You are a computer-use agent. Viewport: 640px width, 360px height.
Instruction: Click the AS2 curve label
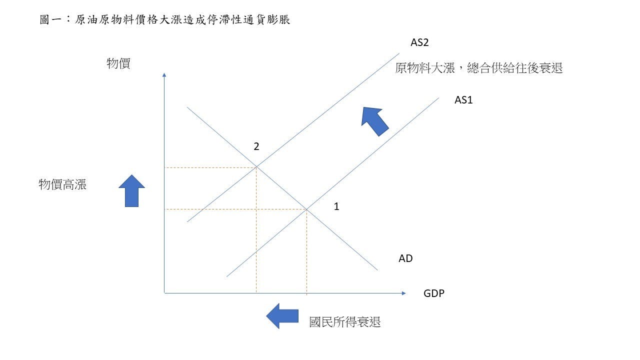coord(419,42)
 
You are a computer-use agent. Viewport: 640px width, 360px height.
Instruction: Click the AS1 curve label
coord(463,100)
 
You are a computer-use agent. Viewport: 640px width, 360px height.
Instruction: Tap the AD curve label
coord(405,258)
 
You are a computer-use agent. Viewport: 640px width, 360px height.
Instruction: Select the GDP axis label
coord(433,293)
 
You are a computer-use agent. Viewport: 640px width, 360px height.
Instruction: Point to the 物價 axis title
coord(118,63)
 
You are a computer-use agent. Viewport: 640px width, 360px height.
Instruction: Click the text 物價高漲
coord(62,184)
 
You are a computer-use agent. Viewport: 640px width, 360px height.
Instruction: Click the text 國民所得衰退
coord(345,322)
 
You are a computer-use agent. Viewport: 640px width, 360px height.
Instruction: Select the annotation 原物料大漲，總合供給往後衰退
coord(478,68)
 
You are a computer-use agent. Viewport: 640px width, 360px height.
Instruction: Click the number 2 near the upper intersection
coord(256,146)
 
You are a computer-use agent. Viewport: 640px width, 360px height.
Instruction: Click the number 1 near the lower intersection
coord(336,206)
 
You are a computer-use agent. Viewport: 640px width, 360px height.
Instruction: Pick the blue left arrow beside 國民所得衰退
coord(282,316)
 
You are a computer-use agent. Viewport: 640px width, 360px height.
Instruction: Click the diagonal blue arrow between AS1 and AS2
coord(374,120)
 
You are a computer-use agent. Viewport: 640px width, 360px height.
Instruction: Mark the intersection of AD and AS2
coord(256,167)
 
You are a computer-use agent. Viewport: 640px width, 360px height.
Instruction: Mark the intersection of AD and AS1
coord(306,209)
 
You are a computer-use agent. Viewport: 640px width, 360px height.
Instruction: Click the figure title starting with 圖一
coord(164,20)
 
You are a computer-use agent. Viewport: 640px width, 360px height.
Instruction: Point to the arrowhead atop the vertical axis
coord(164,75)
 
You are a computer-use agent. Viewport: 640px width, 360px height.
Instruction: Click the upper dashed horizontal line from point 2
coord(210,167)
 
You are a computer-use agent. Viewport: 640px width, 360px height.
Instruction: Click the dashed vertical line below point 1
coord(306,250)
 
